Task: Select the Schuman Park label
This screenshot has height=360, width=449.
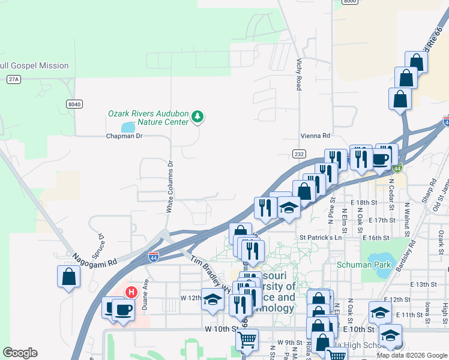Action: [363, 265]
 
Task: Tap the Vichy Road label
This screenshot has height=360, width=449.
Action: [298, 74]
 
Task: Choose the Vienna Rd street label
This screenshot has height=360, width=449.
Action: [316, 136]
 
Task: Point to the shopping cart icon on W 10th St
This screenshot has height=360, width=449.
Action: [247, 340]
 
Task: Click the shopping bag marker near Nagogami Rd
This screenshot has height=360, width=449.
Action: [69, 277]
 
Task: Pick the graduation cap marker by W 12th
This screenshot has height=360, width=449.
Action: [212, 299]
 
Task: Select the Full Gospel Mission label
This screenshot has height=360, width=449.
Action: [34, 65]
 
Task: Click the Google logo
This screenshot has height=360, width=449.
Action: [20, 353]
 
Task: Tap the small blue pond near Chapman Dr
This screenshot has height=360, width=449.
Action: [128, 127]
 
